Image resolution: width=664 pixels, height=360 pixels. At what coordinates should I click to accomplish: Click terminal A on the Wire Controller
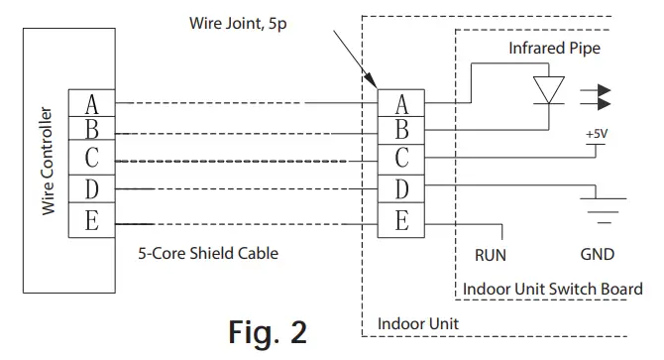[x=92, y=103]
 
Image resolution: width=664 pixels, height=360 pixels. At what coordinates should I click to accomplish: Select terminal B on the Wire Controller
[x=92, y=130]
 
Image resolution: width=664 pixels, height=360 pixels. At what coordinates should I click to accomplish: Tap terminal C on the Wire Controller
[x=92, y=159]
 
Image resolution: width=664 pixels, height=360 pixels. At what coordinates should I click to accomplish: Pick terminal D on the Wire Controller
[x=92, y=187]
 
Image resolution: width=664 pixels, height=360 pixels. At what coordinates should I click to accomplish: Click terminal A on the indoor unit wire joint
[x=401, y=103]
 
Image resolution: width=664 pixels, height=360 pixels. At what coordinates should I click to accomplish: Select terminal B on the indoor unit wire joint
[x=401, y=130]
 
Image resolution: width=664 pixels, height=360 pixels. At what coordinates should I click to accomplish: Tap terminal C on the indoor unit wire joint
[x=401, y=159]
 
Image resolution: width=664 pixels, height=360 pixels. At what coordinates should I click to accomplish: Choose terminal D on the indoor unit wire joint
[x=401, y=187]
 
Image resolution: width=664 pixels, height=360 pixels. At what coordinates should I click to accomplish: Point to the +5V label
[x=597, y=134]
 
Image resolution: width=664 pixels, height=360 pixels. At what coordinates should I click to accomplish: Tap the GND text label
[x=598, y=254]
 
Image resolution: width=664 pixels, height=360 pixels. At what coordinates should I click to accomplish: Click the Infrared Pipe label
[x=554, y=48]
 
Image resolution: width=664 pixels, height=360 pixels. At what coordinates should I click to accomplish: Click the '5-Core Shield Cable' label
[x=208, y=253]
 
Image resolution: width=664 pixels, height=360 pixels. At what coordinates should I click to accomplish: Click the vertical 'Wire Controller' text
[x=46, y=158]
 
